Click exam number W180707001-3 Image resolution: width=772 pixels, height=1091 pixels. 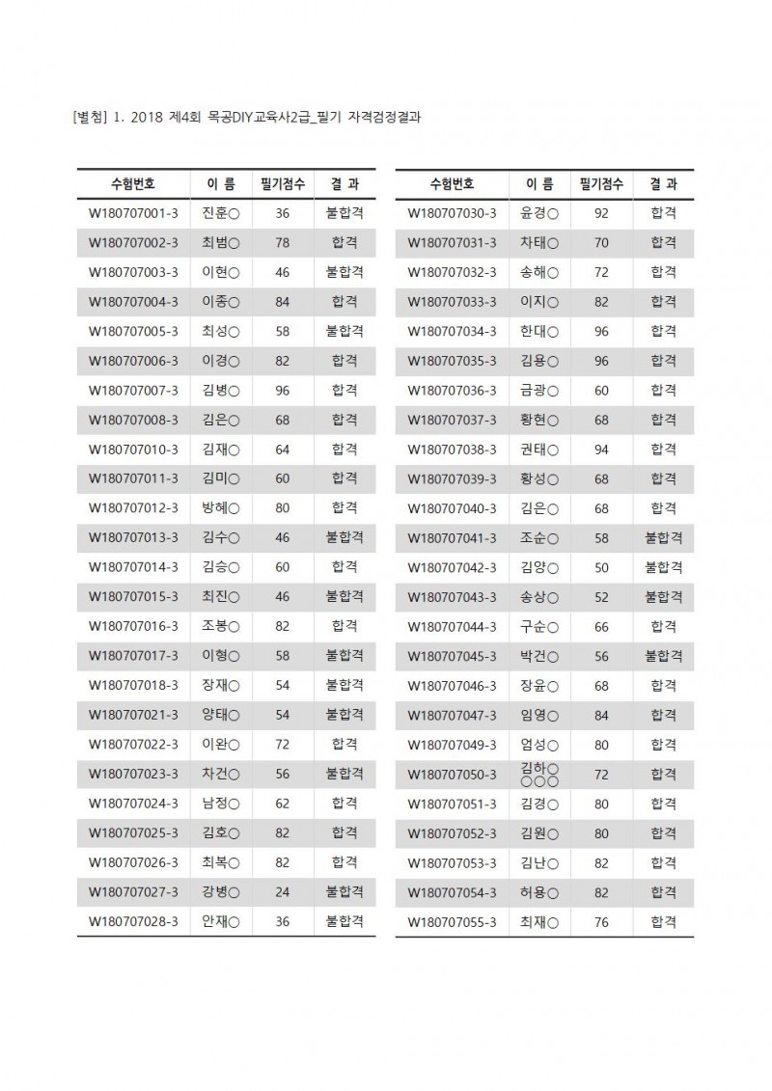point(133,213)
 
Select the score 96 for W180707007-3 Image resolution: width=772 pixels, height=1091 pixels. point(282,391)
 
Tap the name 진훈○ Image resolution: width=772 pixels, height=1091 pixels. point(221,213)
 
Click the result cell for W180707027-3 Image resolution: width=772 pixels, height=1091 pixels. point(345,892)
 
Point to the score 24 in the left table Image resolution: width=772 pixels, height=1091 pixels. point(282,892)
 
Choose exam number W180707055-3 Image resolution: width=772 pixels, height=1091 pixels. point(452,922)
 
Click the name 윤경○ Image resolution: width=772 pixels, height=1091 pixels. point(539,213)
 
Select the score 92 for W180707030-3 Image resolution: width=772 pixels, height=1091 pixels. point(601,213)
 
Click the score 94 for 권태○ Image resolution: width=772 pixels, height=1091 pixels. point(601,450)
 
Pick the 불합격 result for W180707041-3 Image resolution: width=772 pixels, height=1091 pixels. point(664,538)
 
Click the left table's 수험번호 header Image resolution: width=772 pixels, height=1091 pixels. point(133,183)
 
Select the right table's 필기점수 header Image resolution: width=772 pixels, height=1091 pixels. point(601,183)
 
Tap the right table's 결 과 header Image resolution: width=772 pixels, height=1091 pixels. point(664,183)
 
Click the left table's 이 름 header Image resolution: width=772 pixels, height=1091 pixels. point(221,183)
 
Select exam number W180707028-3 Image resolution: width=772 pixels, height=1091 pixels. point(133,922)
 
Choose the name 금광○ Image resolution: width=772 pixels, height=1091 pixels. point(539,391)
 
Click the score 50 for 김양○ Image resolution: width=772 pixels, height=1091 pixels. point(601,567)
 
